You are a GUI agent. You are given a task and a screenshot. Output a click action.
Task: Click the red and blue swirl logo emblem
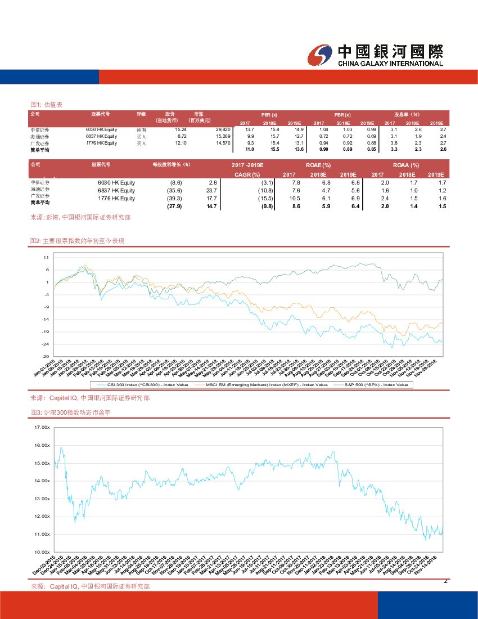click(x=321, y=54)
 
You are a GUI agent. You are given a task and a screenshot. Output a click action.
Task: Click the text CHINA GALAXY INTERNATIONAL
click(x=390, y=64)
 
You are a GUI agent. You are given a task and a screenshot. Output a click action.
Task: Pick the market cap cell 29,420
click(x=223, y=129)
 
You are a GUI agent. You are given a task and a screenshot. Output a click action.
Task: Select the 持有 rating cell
click(x=141, y=129)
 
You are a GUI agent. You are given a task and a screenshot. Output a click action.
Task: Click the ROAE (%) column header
click(x=318, y=165)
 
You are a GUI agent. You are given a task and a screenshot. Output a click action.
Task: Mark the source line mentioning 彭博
click(x=80, y=217)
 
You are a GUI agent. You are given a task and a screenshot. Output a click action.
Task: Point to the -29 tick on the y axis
click(x=46, y=356)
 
